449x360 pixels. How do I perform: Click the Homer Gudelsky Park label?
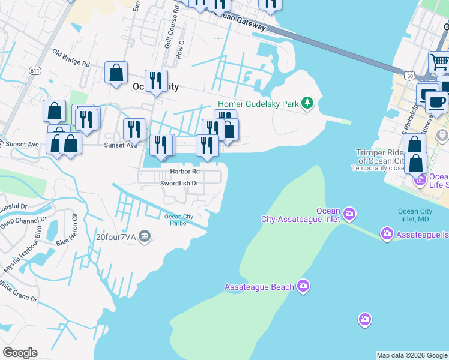tap(258, 104)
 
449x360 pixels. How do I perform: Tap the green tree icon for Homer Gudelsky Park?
tap(307, 103)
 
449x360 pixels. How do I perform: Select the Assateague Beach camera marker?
tap(304, 286)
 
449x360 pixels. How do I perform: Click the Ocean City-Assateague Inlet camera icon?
tap(349, 214)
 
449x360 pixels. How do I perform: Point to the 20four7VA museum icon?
tap(144, 236)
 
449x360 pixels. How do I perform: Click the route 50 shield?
tap(409, 76)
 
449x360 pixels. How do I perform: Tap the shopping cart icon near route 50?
tap(439, 62)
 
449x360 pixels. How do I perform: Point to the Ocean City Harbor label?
tap(179, 220)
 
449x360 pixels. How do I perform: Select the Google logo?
tap(20, 353)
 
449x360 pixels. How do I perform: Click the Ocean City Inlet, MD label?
tap(415, 215)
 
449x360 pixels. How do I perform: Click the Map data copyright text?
tap(412, 355)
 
